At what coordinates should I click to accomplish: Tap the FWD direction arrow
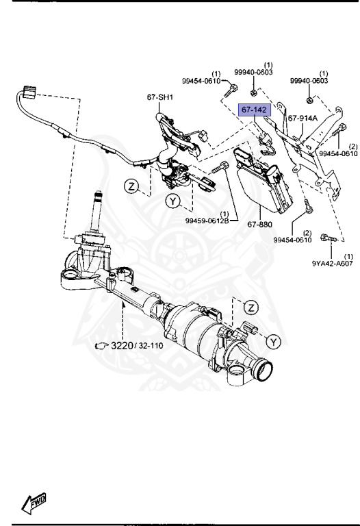pos(34,504)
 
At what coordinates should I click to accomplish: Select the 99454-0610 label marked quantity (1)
pos(201,81)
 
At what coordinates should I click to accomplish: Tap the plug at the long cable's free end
pos(29,92)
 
